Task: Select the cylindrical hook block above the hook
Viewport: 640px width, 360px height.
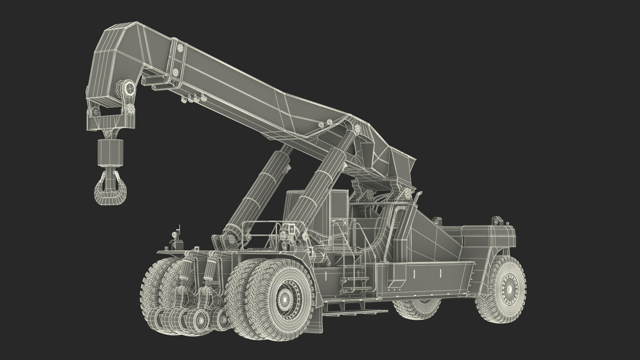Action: (110, 152)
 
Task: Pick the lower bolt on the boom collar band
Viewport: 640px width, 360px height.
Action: (176, 71)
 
